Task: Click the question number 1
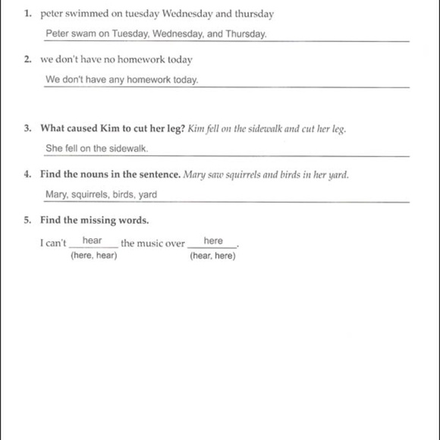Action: (x=27, y=14)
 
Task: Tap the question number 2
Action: (x=27, y=59)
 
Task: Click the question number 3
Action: (x=27, y=128)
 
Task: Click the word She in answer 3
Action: (x=54, y=149)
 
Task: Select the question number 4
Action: (x=27, y=174)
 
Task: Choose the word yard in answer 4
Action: (x=148, y=195)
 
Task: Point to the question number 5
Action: (x=27, y=221)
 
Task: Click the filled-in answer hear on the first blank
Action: (x=93, y=240)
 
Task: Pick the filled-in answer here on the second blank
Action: (x=213, y=240)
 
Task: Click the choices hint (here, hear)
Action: (x=93, y=256)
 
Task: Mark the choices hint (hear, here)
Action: (x=212, y=256)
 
